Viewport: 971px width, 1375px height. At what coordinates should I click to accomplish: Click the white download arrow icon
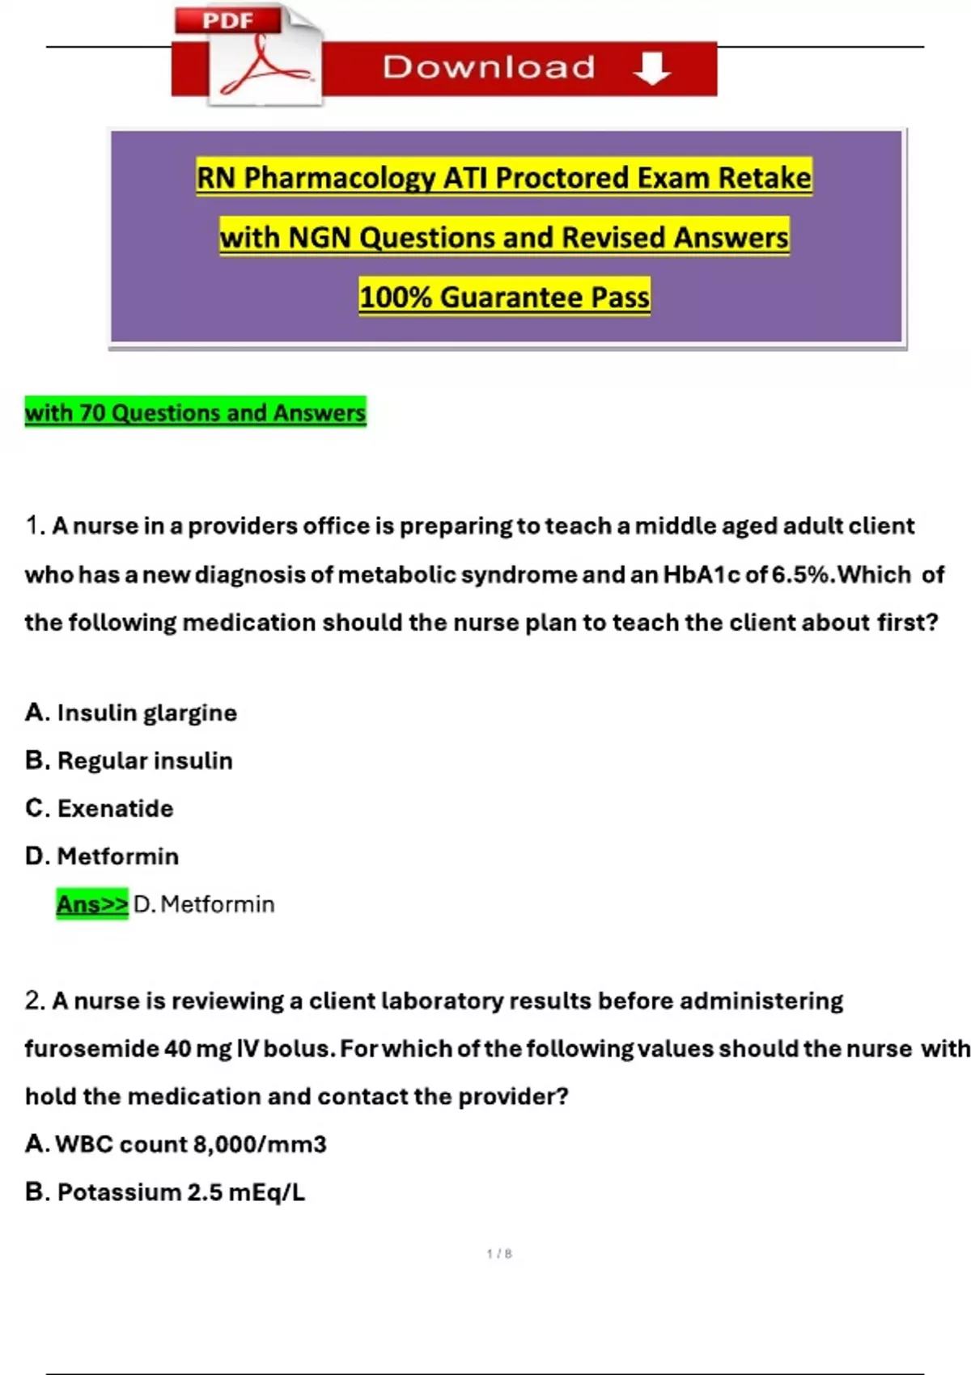[652, 68]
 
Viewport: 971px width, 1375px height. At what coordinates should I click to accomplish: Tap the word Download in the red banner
[489, 67]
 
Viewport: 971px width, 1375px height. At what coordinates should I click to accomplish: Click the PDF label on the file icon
[227, 21]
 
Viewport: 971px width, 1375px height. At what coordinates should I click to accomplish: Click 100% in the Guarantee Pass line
[395, 298]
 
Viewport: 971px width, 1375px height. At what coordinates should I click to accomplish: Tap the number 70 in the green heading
[92, 412]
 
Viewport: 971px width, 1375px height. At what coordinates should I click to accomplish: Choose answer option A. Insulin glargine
[131, 713]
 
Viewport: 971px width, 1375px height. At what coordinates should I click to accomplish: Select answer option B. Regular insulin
[129, 760]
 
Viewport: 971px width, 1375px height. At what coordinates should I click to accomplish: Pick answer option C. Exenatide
[100, 808]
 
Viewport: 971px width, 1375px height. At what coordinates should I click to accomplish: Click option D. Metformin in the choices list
[102, 856]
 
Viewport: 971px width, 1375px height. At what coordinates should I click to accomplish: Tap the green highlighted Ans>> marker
[92, 903]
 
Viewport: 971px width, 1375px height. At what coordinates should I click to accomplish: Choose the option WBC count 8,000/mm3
[176, 1144]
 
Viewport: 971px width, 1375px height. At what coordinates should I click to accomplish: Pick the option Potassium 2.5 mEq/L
[165, 1191]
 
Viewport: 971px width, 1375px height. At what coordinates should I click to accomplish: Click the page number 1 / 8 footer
[499, 1253]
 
